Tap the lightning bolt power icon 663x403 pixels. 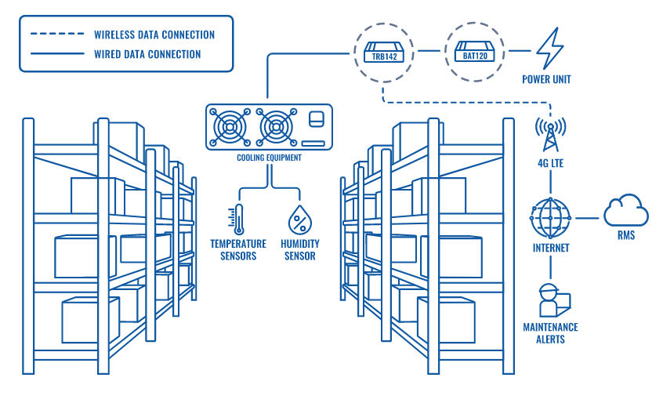(548, 50)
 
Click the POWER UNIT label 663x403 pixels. (546, 79)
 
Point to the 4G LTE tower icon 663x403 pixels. (550, 135)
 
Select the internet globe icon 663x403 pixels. (550, 217)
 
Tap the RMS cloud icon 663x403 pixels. (625, 211)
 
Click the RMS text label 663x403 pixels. (625, 236)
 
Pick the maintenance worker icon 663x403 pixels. (552, 300)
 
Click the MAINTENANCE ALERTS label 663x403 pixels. (550, 332)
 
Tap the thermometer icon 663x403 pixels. (237, 220)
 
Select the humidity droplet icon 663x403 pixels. (299, 220)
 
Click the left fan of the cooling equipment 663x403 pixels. (230, 127)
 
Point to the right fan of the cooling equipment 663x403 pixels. (274, 127)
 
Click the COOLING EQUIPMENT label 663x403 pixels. (269, 158)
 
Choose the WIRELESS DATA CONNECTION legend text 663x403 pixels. (154, 34)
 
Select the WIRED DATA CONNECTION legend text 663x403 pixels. (147, 54)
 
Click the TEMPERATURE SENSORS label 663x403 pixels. (237, 250)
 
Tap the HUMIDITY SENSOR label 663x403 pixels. (299, 250)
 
